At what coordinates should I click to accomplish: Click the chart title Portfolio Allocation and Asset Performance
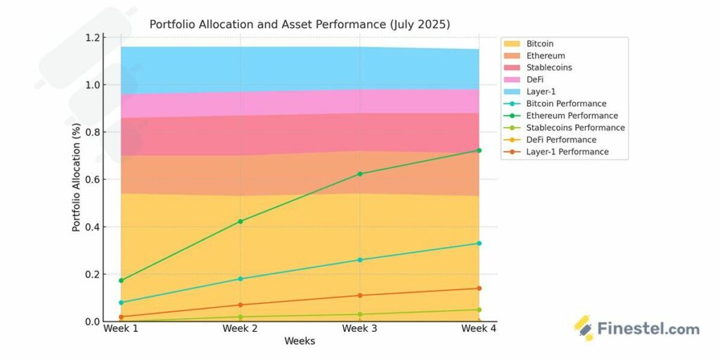click(x=300, y=25)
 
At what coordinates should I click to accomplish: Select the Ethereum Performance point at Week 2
click(x=240, y=221)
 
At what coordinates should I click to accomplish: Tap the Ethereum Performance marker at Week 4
click(x=479, y=150)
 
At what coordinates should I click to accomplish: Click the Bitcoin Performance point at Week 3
click(x=360, y=260)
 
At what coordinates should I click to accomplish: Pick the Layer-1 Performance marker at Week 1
click(x=122, y=317)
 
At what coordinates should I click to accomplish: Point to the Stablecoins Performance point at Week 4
click(x=479, y=309)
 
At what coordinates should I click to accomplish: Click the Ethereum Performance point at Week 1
click(x=122, y=281)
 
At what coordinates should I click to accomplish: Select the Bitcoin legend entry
click(x=539, y=44)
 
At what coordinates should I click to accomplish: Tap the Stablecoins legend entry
click(x=548, y=67)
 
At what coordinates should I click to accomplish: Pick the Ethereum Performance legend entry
click(x=572, y=115)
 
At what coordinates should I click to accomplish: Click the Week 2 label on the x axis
click(x=240, y=329)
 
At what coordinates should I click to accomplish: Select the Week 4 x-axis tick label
click(x=478, y=329)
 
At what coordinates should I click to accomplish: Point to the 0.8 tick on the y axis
click(x=91, y=132)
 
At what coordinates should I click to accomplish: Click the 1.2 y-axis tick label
click(x=91, y=37)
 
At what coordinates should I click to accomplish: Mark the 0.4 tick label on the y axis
click(x=91, y=227)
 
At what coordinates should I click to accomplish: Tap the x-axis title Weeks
click(x=300, y=342)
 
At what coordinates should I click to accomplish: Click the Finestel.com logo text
click(x=648, y=329)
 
